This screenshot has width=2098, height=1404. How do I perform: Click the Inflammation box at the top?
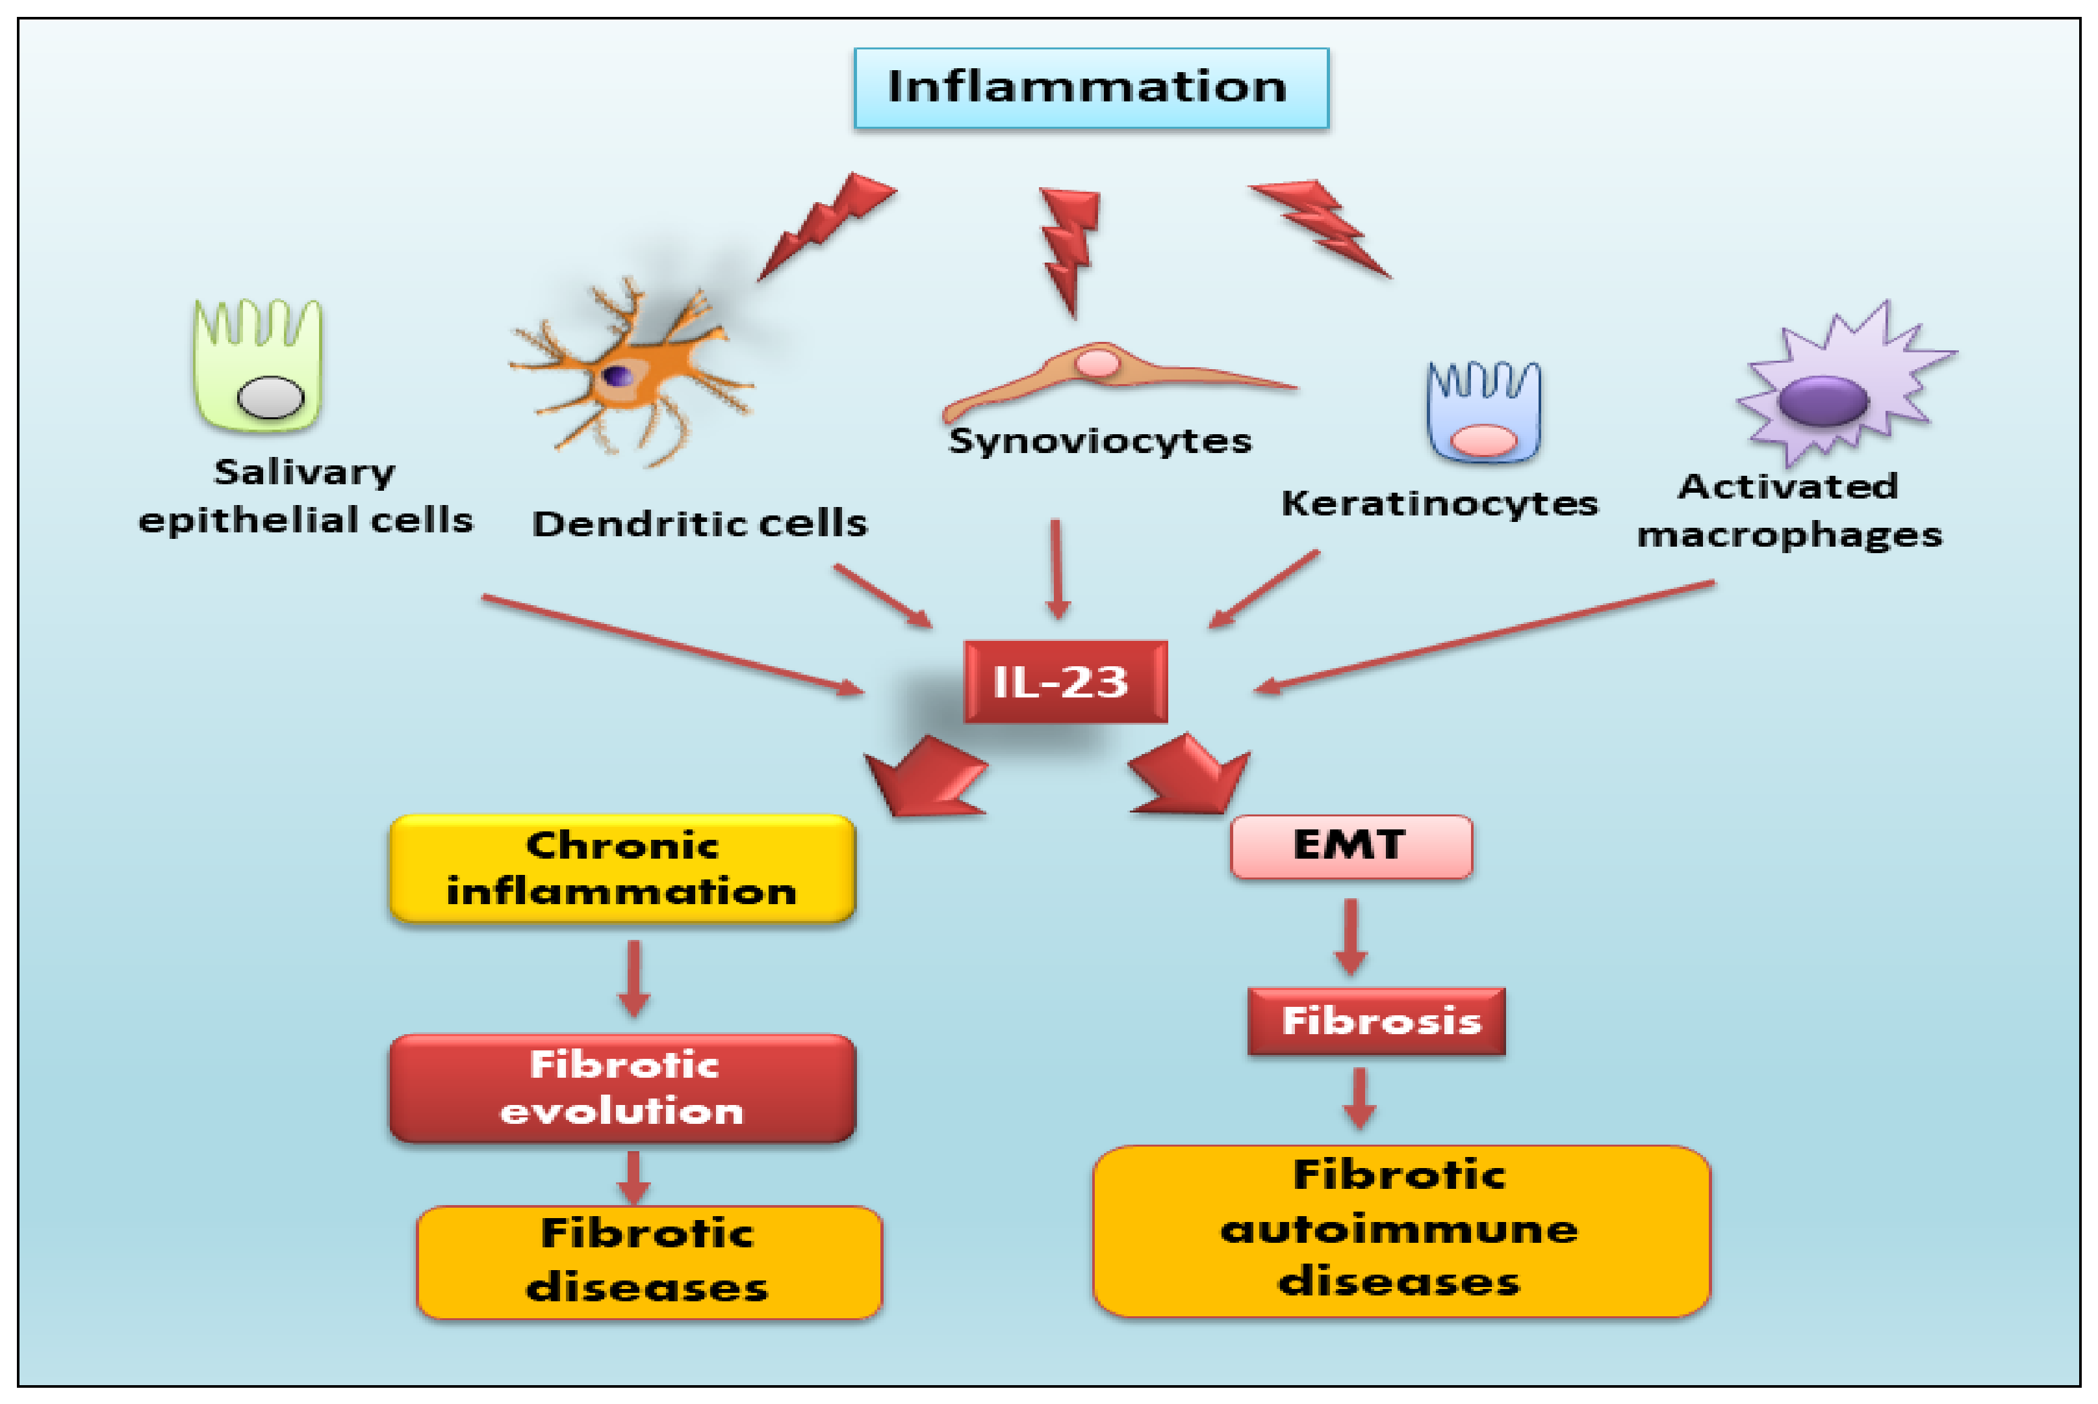[1090, 88]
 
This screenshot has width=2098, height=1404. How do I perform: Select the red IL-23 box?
[1064, 681]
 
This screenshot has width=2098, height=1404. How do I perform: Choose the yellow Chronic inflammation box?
[622, 868]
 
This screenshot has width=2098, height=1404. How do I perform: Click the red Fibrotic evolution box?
[622, 1088]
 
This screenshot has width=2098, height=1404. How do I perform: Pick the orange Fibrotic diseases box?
[649, 1262]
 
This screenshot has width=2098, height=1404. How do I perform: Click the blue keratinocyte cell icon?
[1483, 412]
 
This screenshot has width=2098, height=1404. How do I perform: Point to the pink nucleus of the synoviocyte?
[1097, 363]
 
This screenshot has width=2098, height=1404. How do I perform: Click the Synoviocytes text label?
[1099, 441]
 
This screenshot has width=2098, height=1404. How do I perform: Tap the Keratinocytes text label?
[1439, 503]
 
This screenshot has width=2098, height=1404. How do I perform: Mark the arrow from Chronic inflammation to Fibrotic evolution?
[633, 978]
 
